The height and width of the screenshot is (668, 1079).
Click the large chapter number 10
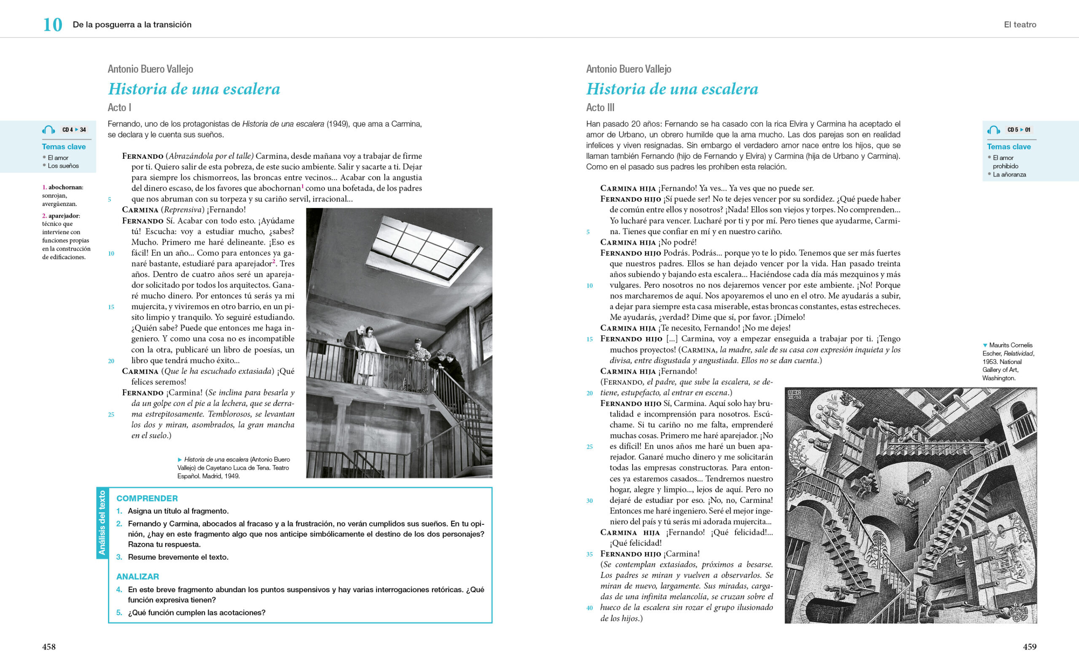[x=52, y=25]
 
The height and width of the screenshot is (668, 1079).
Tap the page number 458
[x=48, y=647]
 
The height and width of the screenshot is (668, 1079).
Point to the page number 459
[x=1030, y=647]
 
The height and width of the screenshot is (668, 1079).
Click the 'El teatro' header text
[x=1020, y=25]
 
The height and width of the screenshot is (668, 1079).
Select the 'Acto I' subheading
[x=119, y=107]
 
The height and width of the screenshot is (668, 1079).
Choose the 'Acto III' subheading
[x=600, y=107]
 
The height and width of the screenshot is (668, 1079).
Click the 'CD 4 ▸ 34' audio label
[x=74, y=130]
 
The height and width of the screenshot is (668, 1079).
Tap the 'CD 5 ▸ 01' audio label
[x=1018, y=130]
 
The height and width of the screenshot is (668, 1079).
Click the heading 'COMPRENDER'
[x=147, y=498]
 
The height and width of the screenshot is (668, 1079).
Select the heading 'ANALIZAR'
[x=137, y=577]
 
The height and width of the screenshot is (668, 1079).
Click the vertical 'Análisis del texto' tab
[x=102, y=523]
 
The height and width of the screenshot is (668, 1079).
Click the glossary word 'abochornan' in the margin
[x=65, y=187]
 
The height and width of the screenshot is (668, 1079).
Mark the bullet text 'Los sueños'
[x=63, y=166]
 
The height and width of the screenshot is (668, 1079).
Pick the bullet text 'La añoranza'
[x=1009, y=174]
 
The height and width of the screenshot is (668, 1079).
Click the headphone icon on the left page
[x=48, y=130]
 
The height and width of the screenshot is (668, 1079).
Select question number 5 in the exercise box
[x=119, y=613]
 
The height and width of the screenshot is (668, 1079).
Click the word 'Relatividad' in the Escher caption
[x=1018, y=353]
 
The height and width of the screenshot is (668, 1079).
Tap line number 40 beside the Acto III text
[x=589, y=608]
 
